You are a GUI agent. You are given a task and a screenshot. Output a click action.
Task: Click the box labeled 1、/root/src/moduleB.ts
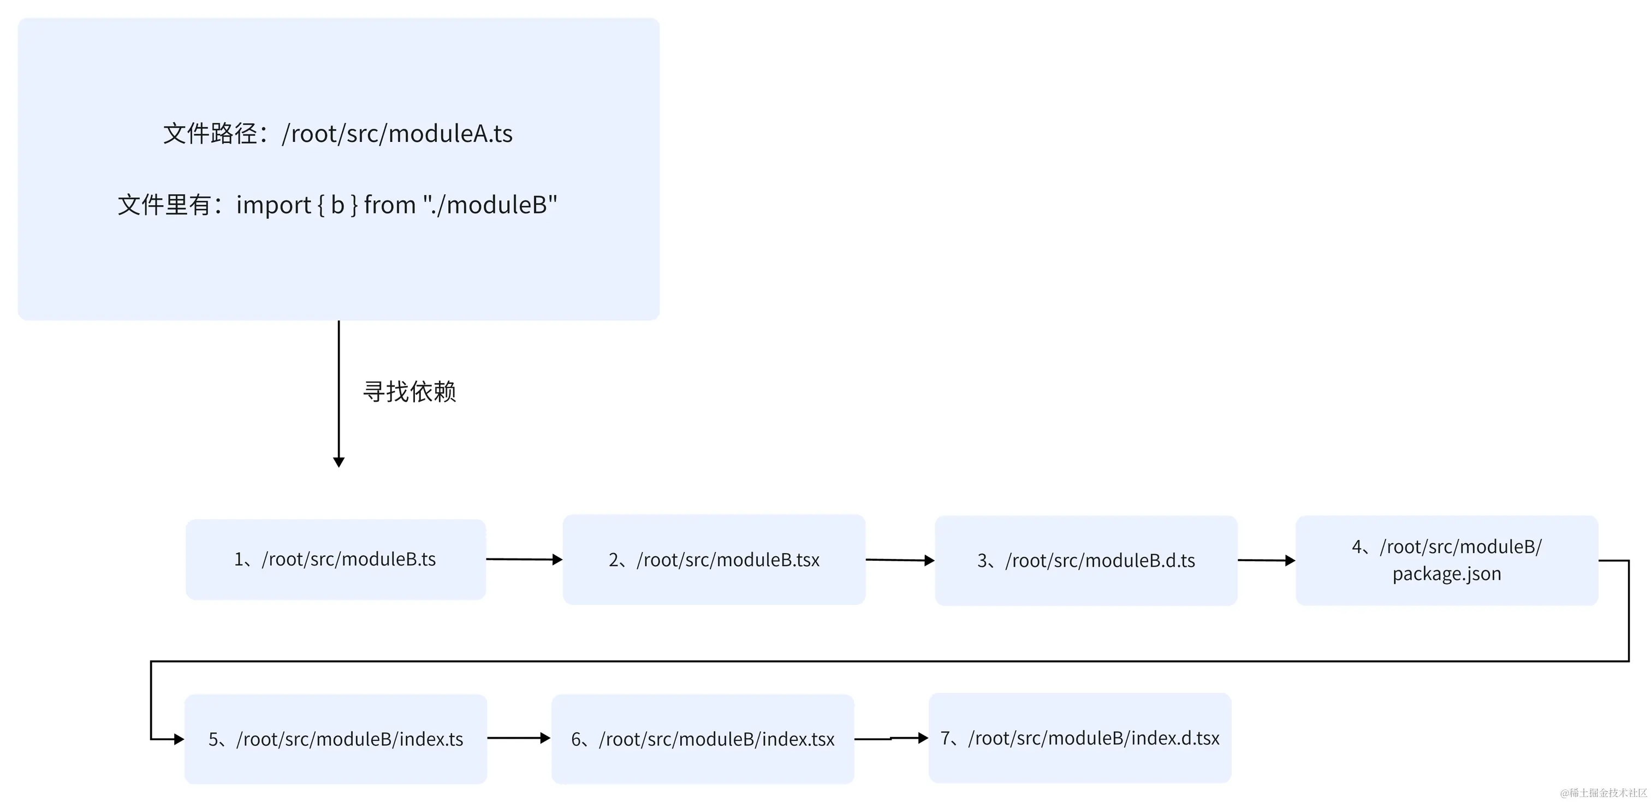pyautogui.click(x=335, y=559)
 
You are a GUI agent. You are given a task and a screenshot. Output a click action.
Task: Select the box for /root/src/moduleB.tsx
pyautogui.click(x=714, y=560)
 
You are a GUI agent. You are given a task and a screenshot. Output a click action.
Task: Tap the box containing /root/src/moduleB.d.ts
pyautogui.click(x=1086, y=561)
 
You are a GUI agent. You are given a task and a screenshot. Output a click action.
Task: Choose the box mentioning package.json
pyautogui.click(x=1447, y=560)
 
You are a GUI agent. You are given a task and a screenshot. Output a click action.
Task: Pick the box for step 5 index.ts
pyautogui.click(x=335, y=739)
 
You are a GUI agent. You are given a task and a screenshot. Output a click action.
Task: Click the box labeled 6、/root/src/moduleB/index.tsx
pyautogui.click(x=703, y=739)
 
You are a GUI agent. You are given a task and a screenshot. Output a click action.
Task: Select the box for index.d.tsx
pyautogui.click(x=1079, y=738)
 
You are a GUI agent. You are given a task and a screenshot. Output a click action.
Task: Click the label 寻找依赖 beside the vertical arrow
pyautogui.click(x=409, y=391)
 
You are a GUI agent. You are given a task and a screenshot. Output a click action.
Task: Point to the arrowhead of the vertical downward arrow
pyautogui.click(x=339, y=461)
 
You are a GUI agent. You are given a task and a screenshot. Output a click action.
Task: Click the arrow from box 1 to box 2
pyautogui.click(x=524, y=560)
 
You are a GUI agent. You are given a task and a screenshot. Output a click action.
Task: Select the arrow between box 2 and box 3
pyautogui.click(x=899, y=560)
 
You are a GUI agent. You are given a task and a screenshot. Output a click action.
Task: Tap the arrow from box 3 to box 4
pyautogui.click(x=1266, y=560)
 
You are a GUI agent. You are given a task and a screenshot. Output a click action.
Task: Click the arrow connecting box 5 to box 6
pyautogui.click(x=518, y=738)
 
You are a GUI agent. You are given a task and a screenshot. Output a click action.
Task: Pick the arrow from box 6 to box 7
pyautogui.click(x=891, y=739)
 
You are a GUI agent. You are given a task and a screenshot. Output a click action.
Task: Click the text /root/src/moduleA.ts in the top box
pyautogui.click(x=397, y=133)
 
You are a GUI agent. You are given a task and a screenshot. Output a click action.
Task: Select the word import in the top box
pyautogui.click(x=274, y=205)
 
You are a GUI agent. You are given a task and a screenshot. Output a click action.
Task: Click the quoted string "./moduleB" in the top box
pyautogui.click(x=490, y=205)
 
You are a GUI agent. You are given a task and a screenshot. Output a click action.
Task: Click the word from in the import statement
pyautogui.click(x=390, y=205)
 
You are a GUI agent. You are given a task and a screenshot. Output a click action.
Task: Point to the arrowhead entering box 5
pyautogui.click(x=179, y=739)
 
